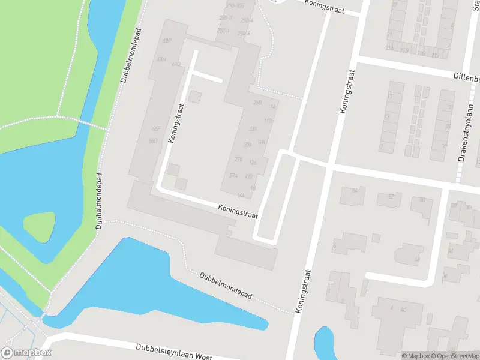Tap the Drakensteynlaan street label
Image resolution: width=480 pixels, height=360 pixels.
[x=462, y=141]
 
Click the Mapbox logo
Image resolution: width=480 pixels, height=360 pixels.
[x=26, y=353]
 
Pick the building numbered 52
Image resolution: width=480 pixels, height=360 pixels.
[x=389, y=199]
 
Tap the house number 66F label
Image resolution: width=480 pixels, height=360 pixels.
[x=156, y=129]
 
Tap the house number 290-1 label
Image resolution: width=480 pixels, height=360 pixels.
[x=223, y=31]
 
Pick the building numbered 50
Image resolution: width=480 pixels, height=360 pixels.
[x=422, y=204]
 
